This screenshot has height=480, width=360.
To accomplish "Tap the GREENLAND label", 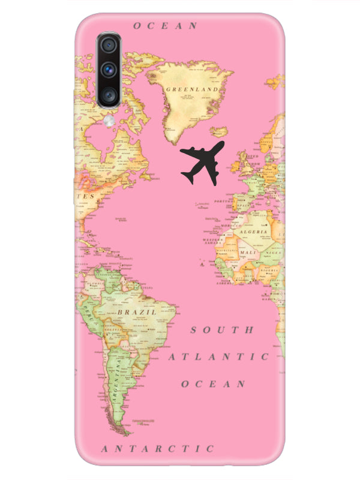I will click(x=192, y=89).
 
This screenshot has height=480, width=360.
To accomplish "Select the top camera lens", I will click(x=109, y=46).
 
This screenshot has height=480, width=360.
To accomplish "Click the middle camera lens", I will click(x=109, y=69).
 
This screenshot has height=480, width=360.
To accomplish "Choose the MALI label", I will click(x=247, y=253).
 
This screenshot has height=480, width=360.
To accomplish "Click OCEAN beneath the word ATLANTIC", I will click(x=213, y=384).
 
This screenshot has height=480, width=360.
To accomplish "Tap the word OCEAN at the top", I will click(x=165, y=26).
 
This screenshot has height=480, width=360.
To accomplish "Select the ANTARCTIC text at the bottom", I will click(x=157, y=448).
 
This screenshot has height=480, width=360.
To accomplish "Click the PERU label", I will click(x=91, y=313).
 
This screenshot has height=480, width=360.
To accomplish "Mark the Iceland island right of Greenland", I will click(x=219, y=131).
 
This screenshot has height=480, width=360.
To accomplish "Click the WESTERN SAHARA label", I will click(x=212, y=242).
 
